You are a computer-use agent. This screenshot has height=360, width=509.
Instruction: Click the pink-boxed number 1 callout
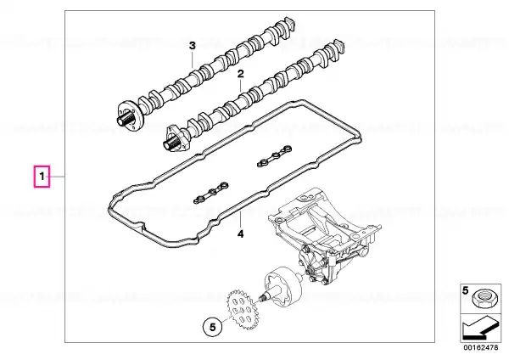[x=42, y=177]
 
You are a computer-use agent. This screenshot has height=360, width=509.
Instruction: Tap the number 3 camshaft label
[x=193, y=46]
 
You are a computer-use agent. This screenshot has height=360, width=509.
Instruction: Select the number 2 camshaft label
[x=240, y=74]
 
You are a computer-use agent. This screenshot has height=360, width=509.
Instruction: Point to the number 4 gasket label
[x=240, y=233]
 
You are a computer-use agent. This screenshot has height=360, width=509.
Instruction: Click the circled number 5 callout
[x=213, y=327]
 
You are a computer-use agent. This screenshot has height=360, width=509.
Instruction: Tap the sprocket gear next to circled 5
[x=241, y=309]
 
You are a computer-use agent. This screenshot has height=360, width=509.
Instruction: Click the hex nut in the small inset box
[x=482, y=299]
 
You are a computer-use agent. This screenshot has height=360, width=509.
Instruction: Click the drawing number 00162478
[x=480, y=347]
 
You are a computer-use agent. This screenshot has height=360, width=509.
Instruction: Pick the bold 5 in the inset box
[x=466, y=290]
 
